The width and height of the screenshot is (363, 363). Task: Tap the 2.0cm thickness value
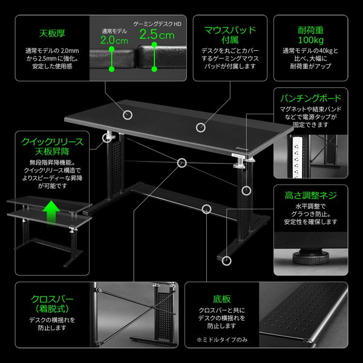point(114,41)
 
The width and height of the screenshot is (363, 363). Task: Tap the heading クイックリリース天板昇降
point(53,147)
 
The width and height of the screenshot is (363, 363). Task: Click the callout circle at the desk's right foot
point(226,261)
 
